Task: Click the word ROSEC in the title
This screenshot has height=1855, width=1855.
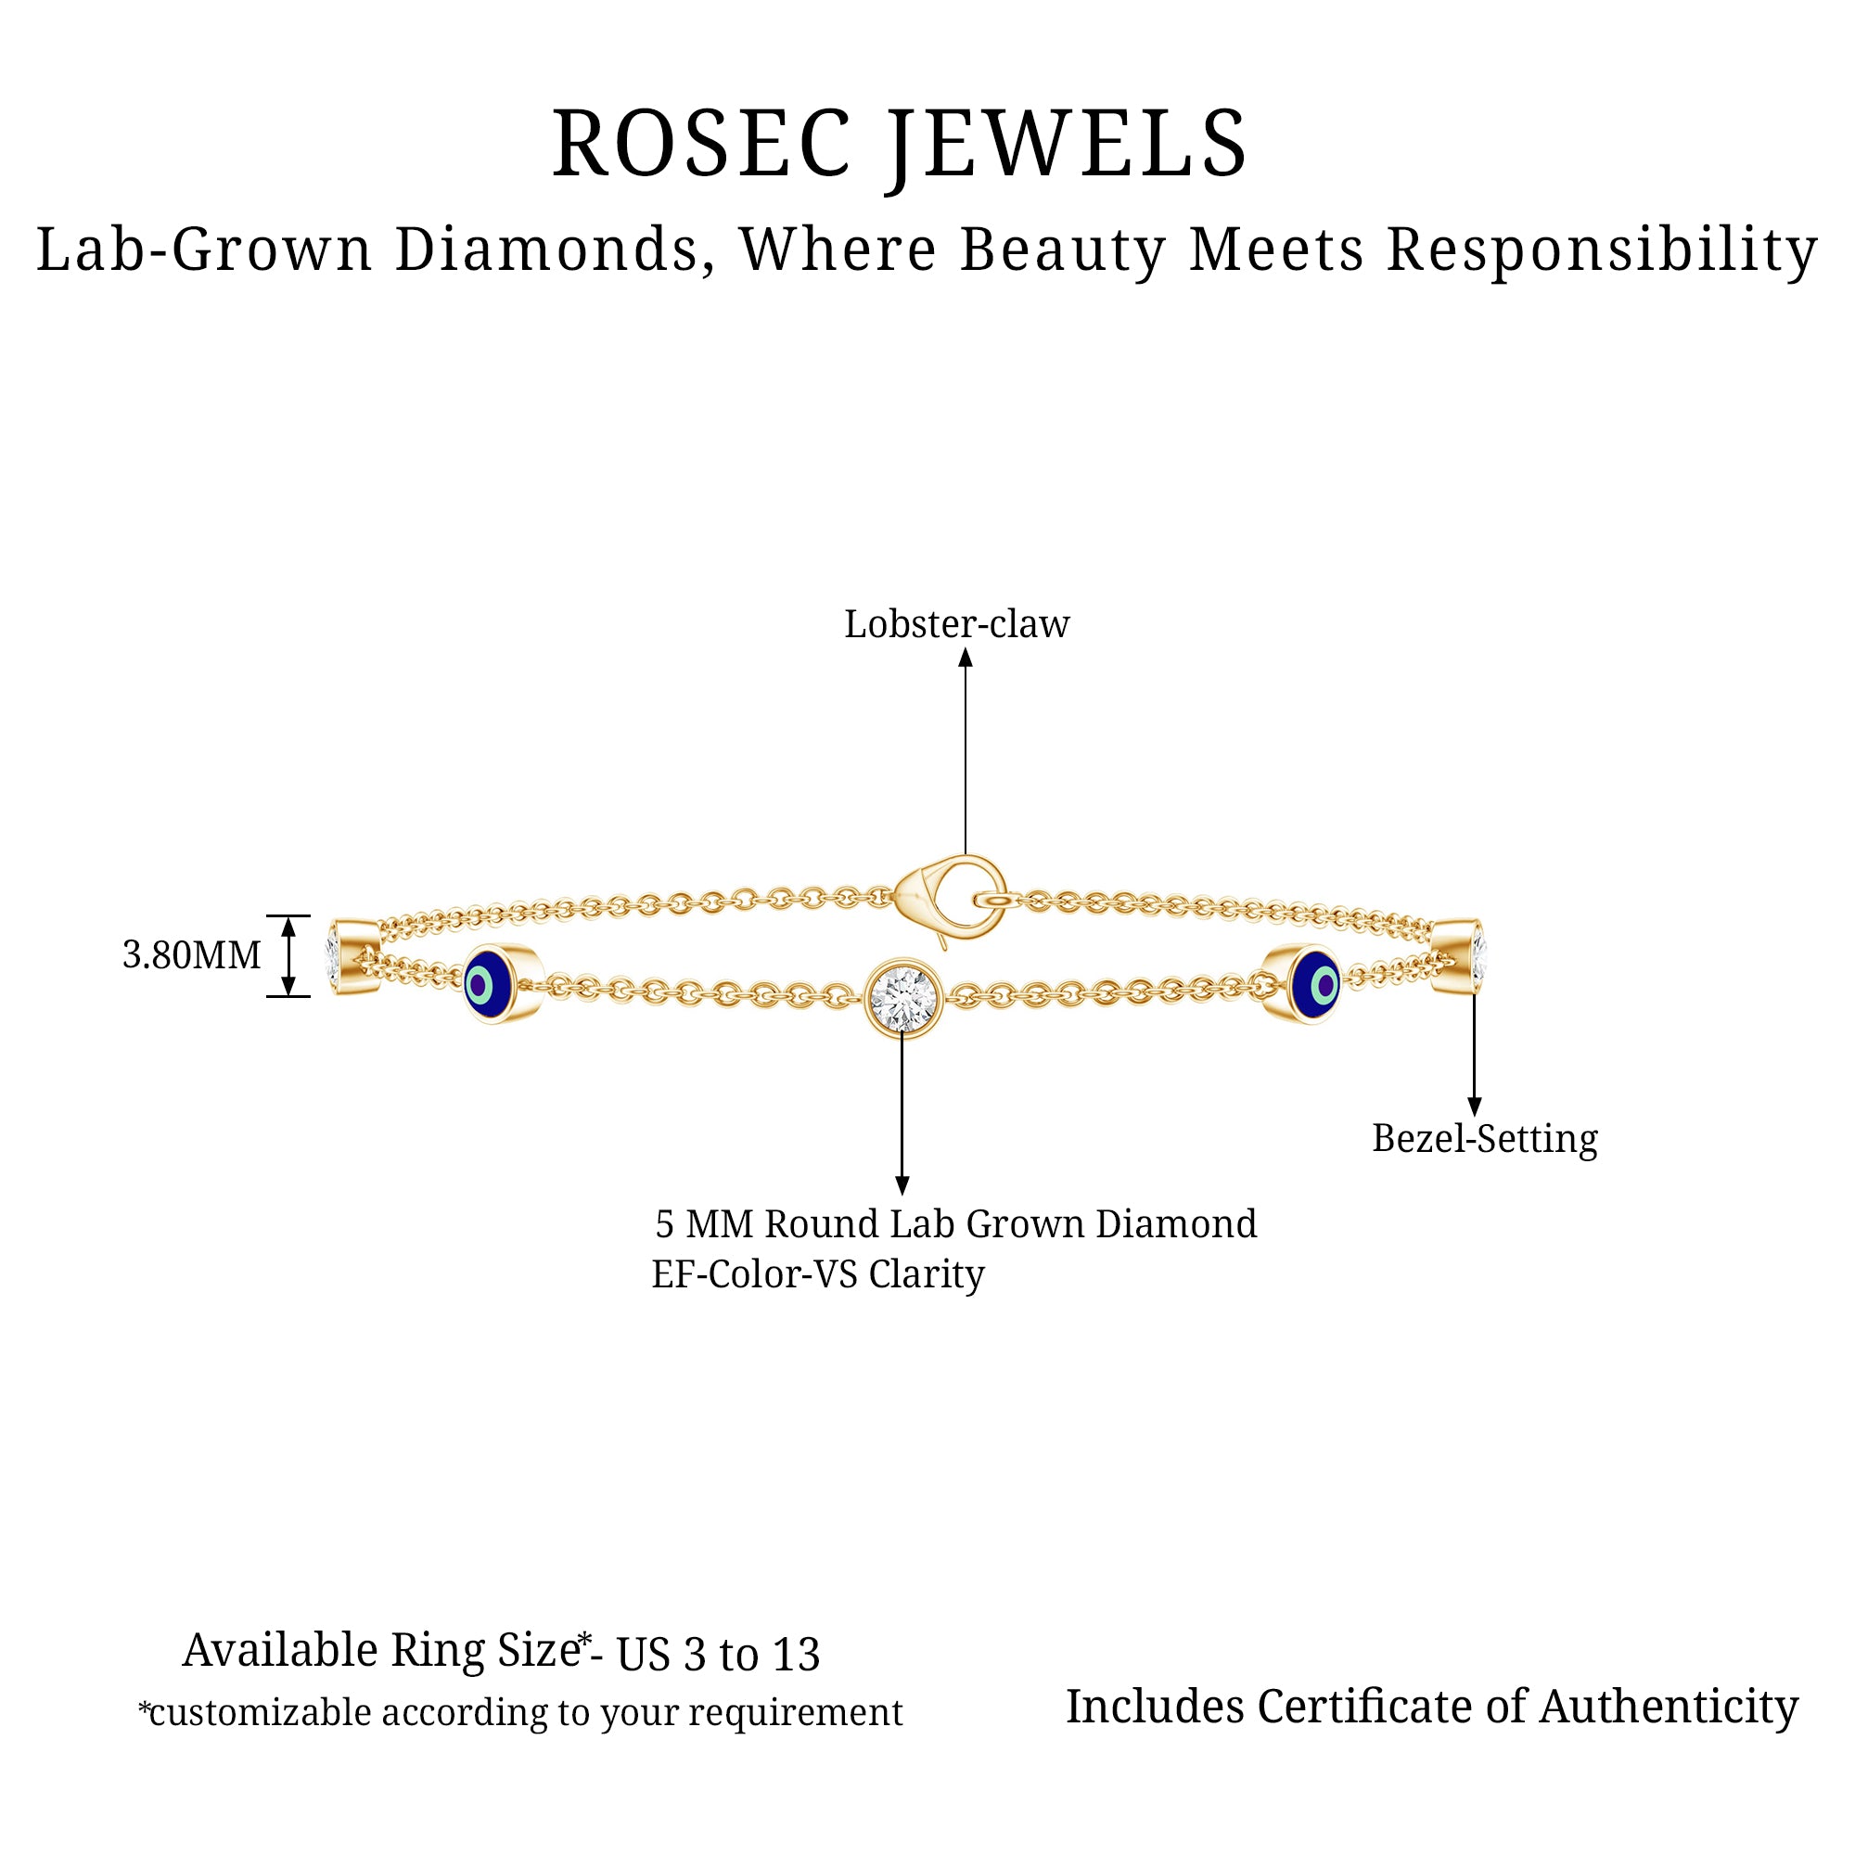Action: (x=702, y=145)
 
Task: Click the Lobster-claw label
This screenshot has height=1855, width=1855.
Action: (x=956, y=625)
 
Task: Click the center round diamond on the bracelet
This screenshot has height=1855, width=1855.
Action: (x=902, y=999)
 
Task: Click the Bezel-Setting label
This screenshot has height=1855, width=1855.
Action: (x=1484, y=1139)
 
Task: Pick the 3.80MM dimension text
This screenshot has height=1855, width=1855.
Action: (x=191, y=955)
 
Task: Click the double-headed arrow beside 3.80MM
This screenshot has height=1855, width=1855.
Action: (x=288, y=956)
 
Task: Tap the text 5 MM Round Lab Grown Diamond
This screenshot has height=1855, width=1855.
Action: (x=955, y=1224)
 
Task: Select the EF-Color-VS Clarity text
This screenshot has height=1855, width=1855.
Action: (x=818, y=1275)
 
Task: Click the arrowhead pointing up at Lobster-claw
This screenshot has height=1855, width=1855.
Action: (x=966, y=658)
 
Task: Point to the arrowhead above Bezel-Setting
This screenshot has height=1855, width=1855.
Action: (x=1475, y=1107)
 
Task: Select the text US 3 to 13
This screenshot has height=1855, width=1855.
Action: (x=718, y=1655)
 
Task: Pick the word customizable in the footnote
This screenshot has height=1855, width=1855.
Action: (x=260, y=1713)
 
